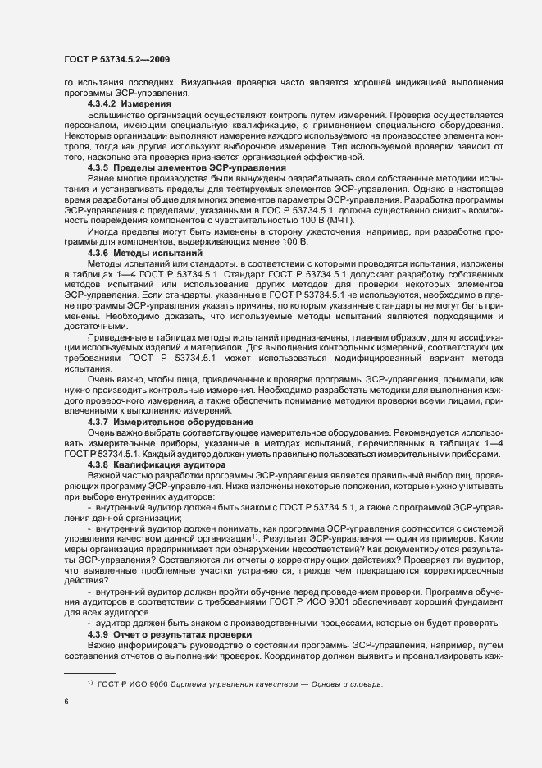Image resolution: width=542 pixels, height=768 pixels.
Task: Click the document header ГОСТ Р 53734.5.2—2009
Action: (116, 60)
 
